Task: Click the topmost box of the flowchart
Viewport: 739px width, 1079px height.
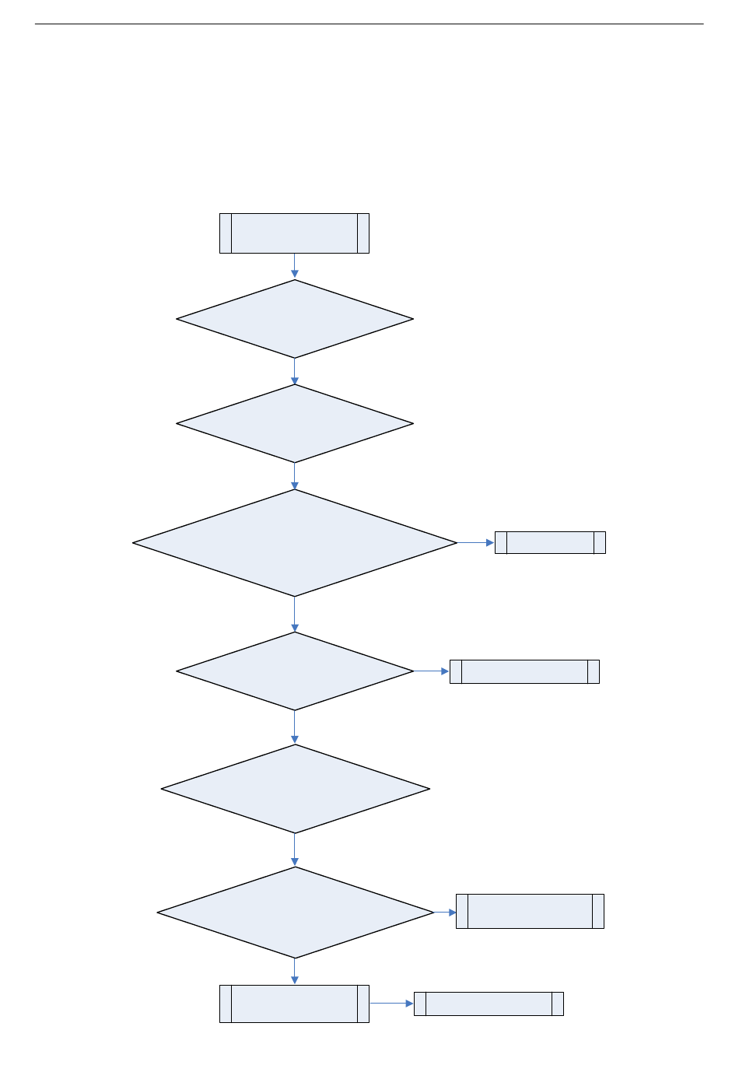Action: (294, 233)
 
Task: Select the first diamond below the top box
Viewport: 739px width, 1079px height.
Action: (295, 319)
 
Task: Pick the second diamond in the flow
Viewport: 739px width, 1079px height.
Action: (295, 424)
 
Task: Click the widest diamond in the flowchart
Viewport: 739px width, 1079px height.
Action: (295, 543)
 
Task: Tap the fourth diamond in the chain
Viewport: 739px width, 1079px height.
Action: (295, 671)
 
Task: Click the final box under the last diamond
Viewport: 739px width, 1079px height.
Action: (294, 1004)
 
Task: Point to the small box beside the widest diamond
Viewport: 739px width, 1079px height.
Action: (550, 542)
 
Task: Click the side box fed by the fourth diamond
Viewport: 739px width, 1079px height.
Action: (524, 671)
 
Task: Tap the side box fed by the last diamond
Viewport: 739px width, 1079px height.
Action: (530, 911)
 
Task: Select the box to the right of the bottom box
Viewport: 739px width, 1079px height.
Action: (489, 1004)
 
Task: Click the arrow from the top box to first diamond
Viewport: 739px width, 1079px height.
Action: (295, 266)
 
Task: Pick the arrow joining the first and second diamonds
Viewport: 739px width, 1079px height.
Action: (295, 371)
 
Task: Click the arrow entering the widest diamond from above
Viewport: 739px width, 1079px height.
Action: (295, 476)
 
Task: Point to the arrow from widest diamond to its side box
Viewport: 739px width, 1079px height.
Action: (475, 542)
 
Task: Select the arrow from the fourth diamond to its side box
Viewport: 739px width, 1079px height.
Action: (432, 671)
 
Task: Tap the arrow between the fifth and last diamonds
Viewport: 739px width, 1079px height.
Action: (295, 850)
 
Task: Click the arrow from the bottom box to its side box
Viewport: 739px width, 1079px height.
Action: (391, 1004)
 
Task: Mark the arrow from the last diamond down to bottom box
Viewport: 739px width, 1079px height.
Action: (295, 972)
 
